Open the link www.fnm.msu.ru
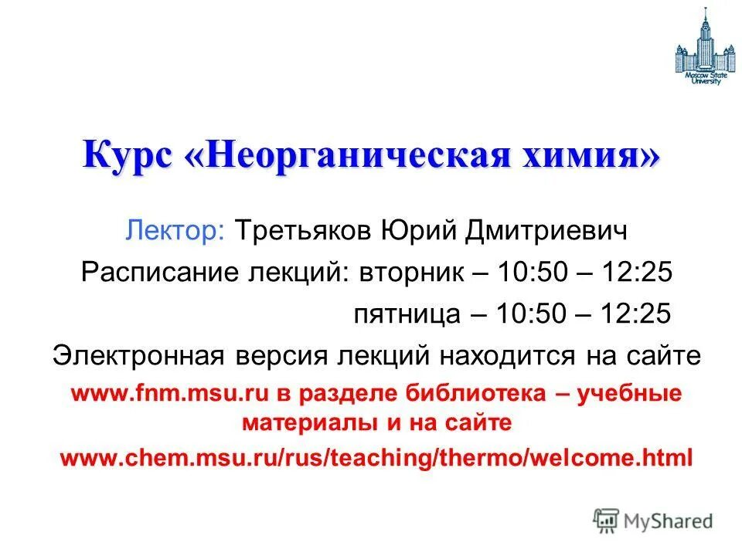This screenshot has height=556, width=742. coord(169,394)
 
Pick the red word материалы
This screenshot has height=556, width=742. coord(296,423)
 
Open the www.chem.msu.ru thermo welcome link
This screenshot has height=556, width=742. coord(376,457)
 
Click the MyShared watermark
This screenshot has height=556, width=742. coord(652,520)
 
